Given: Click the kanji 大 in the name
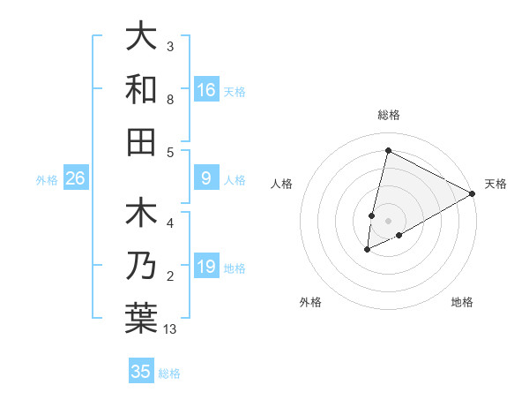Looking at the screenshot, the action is [141, 38].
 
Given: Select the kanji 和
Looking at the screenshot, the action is [141, 89].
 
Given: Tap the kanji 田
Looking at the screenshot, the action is [141, 140].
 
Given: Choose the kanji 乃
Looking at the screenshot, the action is [141, 266].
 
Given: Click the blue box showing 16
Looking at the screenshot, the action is [206, 89].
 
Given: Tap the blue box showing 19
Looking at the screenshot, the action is [206, 267].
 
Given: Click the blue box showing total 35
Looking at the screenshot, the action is [141, 372].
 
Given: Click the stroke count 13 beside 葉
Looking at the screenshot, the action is [170, 329].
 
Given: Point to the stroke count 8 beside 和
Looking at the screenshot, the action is [170, 100].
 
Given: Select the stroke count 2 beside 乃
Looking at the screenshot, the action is [170, 277].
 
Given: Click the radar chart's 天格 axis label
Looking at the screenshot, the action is [495, 184].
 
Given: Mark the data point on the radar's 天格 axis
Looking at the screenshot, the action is [473, 193].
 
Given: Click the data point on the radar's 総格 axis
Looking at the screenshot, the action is [388, 150].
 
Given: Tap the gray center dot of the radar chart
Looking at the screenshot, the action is [388, 221].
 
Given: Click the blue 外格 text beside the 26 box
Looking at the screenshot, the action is [47, 180].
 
